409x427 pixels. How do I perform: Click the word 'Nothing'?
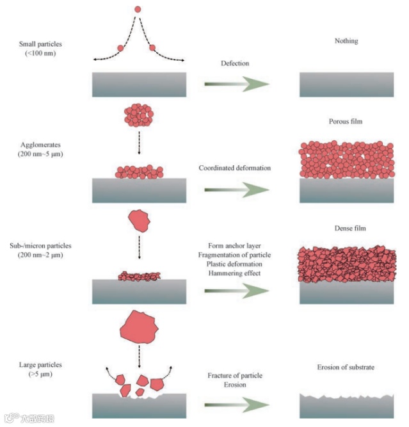tap(346, 41)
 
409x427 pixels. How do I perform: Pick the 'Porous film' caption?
tap(346, 121)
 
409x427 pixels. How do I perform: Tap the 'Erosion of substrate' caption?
tap(346, 367)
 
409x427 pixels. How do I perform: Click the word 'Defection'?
tap(235, 64)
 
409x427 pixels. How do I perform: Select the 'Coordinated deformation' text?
tap(235, 168)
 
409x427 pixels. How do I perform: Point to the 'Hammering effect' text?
tap(235, 273)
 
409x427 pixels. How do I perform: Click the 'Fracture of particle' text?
tap(235, 375)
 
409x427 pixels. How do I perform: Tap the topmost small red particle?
tap(138, 10)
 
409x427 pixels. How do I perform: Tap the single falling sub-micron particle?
tap(140, 222)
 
